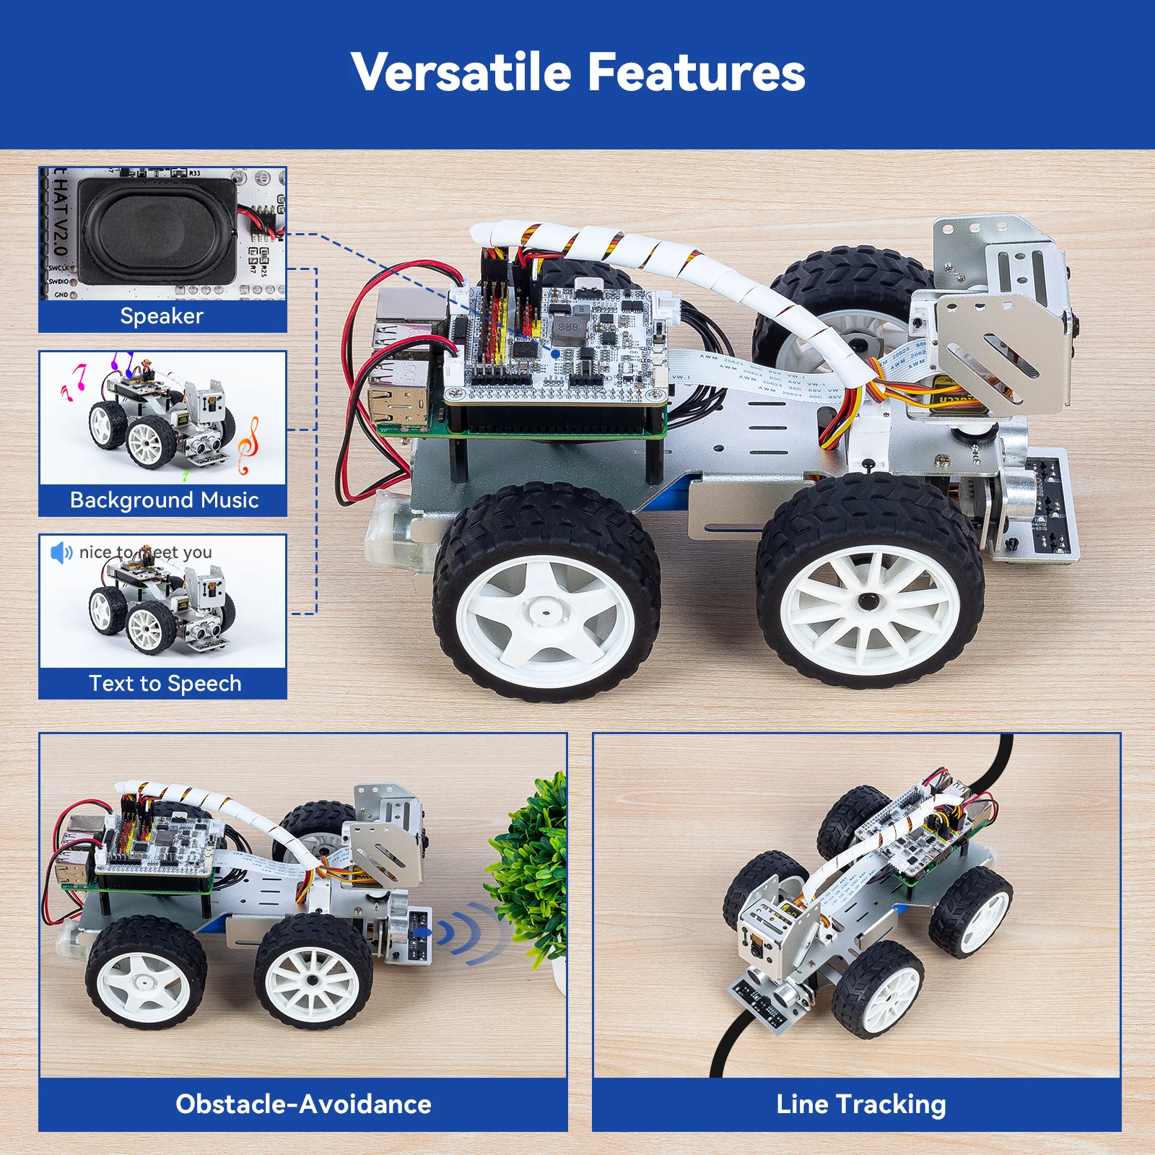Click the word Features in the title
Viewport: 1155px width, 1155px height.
click(696, 73)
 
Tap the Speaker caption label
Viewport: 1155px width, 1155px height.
click(162, 316)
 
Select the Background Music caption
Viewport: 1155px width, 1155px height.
click(164, 500)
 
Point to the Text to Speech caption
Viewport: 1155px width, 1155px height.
click(165, 684)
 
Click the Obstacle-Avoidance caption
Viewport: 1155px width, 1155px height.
click(303, 1104)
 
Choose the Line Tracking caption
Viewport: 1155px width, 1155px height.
click(860, 1104)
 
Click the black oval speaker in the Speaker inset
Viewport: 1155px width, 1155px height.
click(157, 231)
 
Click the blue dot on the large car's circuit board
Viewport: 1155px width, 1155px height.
click(555, 353)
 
